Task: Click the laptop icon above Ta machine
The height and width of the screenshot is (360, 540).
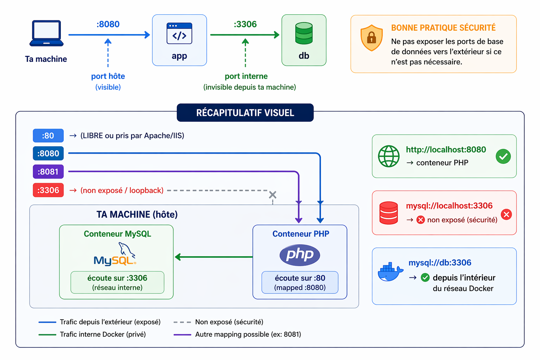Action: pos(46,33)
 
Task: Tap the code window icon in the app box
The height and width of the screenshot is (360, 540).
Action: pos(179,33)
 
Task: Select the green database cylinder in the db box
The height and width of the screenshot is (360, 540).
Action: pos(304,33)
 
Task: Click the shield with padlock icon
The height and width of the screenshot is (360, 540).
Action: pos(372,38)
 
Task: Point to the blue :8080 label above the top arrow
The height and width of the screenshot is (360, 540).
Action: pos(108,24)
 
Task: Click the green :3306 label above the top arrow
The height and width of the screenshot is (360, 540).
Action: pos(245,24)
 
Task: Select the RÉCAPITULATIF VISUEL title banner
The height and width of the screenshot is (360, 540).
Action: pos(245,112)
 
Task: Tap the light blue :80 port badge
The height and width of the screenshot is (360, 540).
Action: pos(48,135)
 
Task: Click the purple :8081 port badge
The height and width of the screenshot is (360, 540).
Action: pos(48,172)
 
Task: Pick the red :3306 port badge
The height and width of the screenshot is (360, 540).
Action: pos(48,190)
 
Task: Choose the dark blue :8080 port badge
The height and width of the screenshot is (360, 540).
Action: pos(48,153)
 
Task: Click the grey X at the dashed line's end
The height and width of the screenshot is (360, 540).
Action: pos(273,194)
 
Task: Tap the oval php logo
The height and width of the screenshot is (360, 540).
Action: pos(300,255)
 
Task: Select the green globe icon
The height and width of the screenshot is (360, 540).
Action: pos(388,156)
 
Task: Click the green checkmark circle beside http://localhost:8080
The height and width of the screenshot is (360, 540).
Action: pos(503,156)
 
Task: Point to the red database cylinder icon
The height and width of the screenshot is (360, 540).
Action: pos(388,213)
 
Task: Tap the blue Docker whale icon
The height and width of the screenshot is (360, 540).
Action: pos(390,271)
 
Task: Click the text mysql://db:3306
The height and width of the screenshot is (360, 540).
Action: pos(440,262)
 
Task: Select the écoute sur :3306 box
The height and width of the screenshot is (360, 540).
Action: pos(117,282)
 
